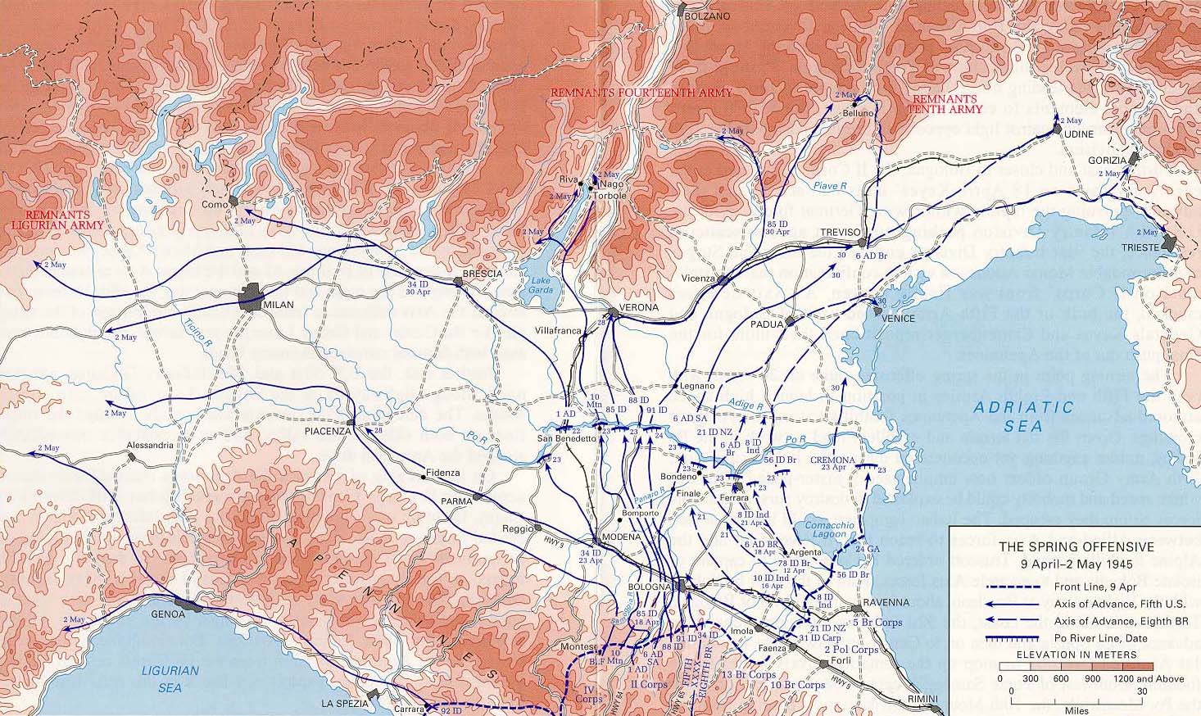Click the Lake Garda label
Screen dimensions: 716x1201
(x=534, y=285)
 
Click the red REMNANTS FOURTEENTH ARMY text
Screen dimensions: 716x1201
(x=641, y=93)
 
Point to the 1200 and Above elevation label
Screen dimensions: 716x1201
(x=1146, y=678)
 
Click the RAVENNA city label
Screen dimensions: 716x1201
(x=886, y=602)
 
